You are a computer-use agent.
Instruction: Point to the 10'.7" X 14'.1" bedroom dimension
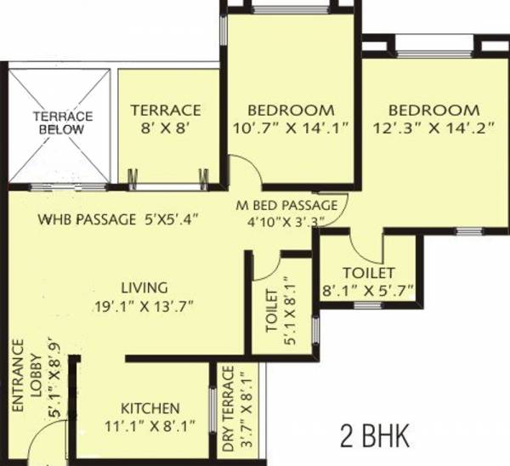click(291, 129)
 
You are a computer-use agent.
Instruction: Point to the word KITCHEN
click(149, 407)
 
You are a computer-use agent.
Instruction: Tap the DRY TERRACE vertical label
click(227, 408)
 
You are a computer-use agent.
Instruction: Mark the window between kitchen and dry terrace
click(211, 412)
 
